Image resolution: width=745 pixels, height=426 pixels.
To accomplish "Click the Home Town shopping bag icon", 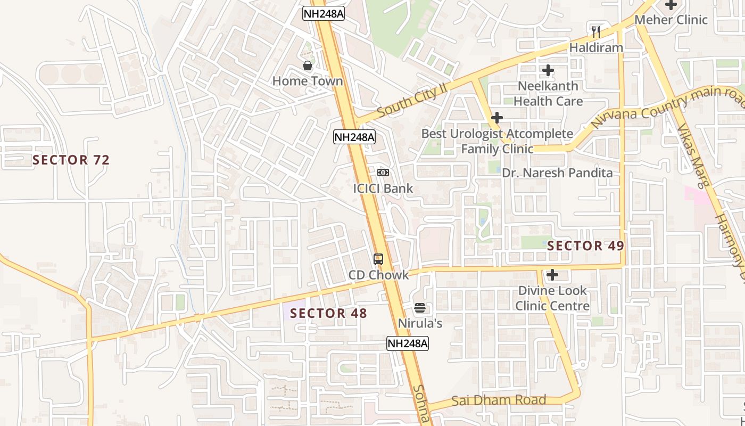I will (x=308, y=65).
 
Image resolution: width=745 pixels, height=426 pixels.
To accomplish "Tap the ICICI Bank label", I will (x=383, y=188).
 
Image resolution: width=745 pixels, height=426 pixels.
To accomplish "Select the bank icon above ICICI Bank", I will (x=383, y=173).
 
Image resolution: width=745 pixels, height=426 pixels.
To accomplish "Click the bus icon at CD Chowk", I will (x=378, y=259).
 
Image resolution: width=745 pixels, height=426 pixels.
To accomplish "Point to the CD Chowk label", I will (x=378, y=275).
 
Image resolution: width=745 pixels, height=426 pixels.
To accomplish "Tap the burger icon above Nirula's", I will (x=420, y=308).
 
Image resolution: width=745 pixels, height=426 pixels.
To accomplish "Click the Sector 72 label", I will (x=71, y=160).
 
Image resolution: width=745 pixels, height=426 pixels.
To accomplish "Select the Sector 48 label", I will (x=329, y=313).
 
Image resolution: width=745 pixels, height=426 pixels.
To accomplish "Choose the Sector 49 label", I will (x=585, y=245).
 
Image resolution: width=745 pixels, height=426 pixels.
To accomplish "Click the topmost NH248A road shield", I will (x=324, y=14).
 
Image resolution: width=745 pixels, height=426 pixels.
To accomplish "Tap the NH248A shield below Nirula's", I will (x=408, y=343).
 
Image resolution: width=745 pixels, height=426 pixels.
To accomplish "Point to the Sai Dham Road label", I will (x=499, y=400).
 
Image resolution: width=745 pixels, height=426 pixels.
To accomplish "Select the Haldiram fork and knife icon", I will (x=596, y=32).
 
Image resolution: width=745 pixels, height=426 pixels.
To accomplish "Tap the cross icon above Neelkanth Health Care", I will (x=548, y=70).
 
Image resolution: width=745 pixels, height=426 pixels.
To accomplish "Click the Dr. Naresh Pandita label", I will (x=557, y=173).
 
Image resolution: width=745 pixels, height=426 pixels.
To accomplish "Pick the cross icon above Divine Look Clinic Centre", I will (x=552, y=275).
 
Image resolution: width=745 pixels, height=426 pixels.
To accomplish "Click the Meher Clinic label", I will (x=671, y=20).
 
